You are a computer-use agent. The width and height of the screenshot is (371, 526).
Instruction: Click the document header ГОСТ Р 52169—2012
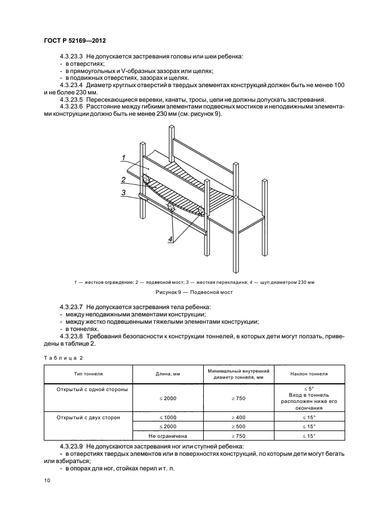click(x=75, y=42)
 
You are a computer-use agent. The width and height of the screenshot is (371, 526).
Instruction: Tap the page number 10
click(x=47, y=480)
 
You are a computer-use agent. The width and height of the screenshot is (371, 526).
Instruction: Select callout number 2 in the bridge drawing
click(x=123, y=180)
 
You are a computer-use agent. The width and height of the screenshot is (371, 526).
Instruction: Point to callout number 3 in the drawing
click(x=123, y=193)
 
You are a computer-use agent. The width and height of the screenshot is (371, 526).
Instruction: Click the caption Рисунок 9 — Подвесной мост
click(x=185, y=292)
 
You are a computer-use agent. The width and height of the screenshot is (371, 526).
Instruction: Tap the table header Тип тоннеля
click(x=88, y=374)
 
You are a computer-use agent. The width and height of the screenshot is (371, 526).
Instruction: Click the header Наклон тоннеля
click(x=309, y=374)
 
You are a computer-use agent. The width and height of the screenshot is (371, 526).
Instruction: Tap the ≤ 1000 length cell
click(x=167, y=418)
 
